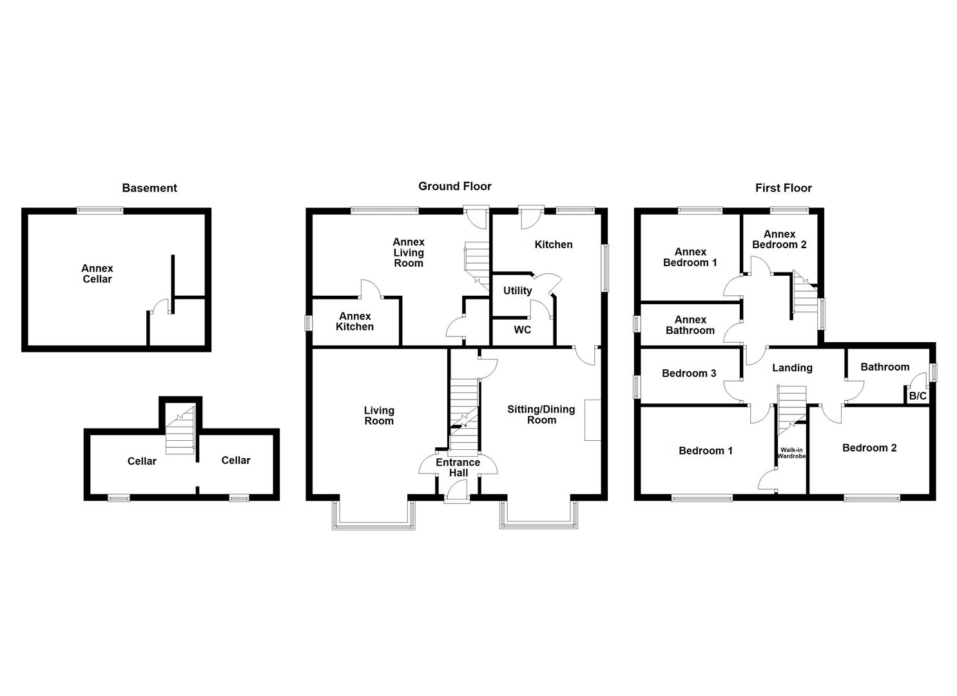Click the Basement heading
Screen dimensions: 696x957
[150, 188]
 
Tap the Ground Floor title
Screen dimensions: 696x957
[455, 186]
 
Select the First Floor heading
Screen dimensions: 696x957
[783, 188]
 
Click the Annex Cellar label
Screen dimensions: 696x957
[97, 274]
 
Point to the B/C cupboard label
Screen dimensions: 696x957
[917, 396]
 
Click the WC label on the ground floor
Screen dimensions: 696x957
[523, 330]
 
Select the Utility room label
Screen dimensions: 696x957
[517, 291]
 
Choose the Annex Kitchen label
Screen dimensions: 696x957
[354, 322]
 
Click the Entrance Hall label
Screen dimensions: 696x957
[458, 467]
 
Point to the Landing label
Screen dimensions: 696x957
[792, 368]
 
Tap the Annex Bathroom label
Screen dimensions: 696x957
[690, 325]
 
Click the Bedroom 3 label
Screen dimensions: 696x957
[689, 373]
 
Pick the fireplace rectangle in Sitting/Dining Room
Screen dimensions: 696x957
[592, 420]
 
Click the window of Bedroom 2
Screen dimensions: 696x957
[872, 498]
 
